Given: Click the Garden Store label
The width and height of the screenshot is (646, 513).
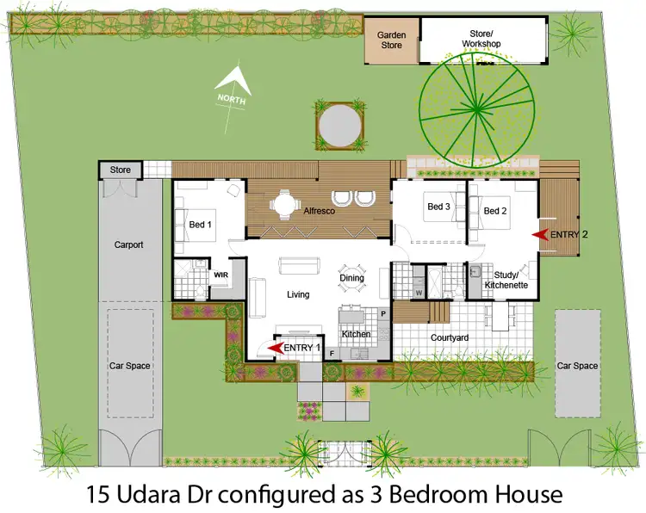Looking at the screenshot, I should pyautogui.click(x=392, y=40).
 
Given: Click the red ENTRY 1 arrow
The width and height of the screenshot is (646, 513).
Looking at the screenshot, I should pyautogui.click(x=276, y=347).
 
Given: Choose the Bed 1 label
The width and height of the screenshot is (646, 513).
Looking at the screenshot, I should pyautogui.click(x=200, y=225).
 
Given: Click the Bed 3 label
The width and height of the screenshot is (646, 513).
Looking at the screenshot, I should pyautogui.click(x=438, y=207).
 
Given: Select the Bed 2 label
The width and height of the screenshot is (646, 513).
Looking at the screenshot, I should pyautogui.click(x=494, y=211).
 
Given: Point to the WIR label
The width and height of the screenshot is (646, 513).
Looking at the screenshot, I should pyautogui.click(x=221, y=275).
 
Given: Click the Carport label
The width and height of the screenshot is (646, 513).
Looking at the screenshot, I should pyautogui.click(x=128, y=244).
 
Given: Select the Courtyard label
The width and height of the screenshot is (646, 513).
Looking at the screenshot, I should pyautogui.click(x=449, y=337).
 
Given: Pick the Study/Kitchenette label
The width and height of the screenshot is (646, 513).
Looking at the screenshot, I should pyautogui.click(x=506, y=279).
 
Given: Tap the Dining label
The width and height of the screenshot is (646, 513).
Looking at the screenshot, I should pyautogui.click(x=351, y=277).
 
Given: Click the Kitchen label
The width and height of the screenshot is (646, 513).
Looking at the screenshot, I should pyautogui.click(x=356, y=334).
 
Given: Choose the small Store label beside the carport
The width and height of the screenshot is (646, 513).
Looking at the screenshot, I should pyautogui.click(x=121, y=170).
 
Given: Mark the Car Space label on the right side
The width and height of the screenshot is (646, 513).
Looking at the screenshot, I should pyautogui.click(x=577, y=366).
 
